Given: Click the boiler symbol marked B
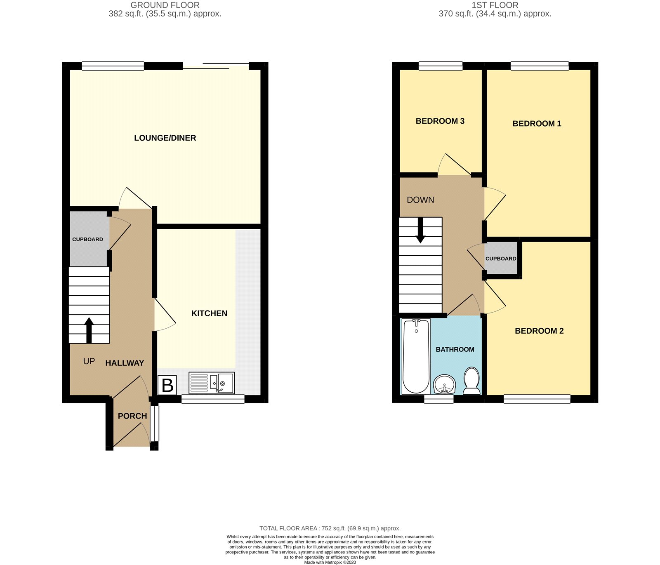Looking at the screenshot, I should click(167, 385).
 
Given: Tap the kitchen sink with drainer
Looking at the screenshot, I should click(211, 383).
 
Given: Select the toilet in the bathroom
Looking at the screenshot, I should click(471, 381).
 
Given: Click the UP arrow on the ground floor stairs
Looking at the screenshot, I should click(89, 330).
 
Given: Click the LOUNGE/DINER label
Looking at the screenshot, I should click(165, 138).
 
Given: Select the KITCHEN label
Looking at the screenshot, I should click(209, 313).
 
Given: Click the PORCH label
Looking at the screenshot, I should click(132, 416).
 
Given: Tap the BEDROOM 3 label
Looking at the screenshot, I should click(440, 121).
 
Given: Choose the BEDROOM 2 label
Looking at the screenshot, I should click(539, 331).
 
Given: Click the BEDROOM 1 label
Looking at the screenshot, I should click(537, 124).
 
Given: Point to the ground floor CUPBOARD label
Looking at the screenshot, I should click(87, 240).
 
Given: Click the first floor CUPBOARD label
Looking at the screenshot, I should click(501, 259).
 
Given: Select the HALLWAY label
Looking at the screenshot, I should click(125, 363).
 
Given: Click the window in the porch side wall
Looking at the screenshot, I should click(154, 424).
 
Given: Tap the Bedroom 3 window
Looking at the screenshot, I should click(440, 66).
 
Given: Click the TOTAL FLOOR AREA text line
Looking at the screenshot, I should click(330, 528).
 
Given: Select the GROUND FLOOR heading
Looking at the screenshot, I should click(165, 5).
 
